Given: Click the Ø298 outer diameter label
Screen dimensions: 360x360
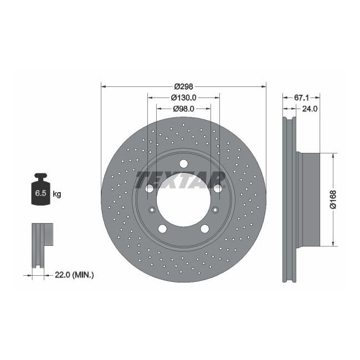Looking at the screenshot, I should pyautogui.click(x=183, y=87).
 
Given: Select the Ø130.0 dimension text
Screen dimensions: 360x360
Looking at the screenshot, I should pyautogui.click(x=183, y=97).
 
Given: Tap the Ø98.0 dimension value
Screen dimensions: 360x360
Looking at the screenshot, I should pyautogui.click(x=183, y=109).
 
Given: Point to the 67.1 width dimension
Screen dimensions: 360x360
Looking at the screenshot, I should pyautogui.click(x=301, y=97).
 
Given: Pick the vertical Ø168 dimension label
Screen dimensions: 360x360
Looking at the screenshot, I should pyautogui.click(x=332, y=199).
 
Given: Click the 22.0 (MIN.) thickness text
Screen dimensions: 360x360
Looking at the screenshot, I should pyautogui.click(x=75, y=274).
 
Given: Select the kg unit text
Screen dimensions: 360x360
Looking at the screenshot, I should pyautogui.click(x=56, y=194).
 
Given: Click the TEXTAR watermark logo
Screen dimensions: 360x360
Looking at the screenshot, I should pyautogui.click(x=181, y=179).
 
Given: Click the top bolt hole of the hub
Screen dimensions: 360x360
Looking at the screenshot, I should pyautogui.click(x=183, y=163).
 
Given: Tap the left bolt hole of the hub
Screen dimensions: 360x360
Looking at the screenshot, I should pyautogui.click(x=150, y=189).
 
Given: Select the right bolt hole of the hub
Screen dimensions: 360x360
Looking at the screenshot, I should pyautogui.click(x=217, y=189).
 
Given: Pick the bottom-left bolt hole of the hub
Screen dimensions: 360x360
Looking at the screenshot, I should pyautogui.click(x=162, y=229).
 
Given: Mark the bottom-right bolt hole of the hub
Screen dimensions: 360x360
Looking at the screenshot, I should pyautogui.click(x=204, y=229).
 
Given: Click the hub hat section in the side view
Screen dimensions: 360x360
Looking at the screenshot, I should pyautogui.click(x=311, y=199).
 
